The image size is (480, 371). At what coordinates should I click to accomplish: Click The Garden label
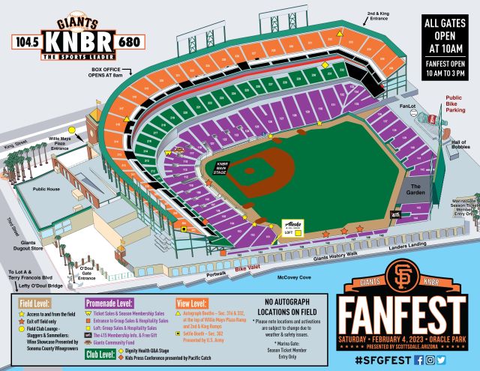click(415, 187)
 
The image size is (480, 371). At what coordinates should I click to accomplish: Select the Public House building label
click(46, 190)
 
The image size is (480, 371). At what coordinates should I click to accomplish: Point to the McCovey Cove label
click(295, 277)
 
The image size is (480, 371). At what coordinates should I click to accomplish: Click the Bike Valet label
click(247, 268)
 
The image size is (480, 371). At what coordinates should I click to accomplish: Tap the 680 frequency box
click(129, 42)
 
